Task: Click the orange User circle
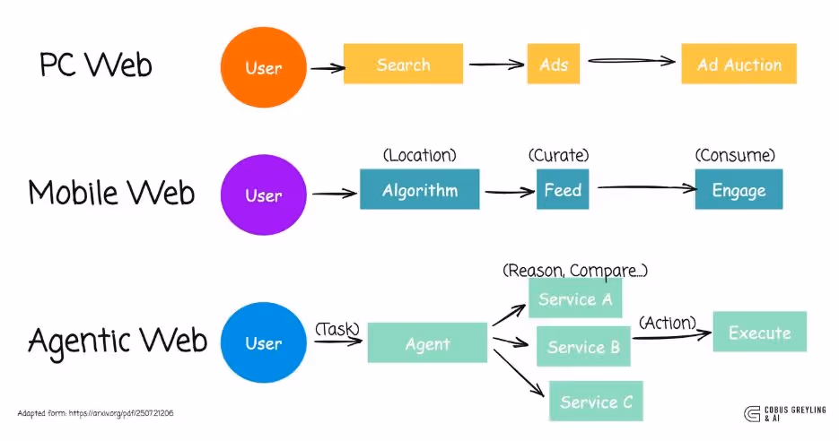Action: [x=262, y=67]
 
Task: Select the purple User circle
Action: [x=262, y=195]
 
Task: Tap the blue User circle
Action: [x=262, y=342]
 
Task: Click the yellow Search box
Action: [x=403, y=65]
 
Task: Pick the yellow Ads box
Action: [x=554, y=65]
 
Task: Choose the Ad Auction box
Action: [x=738, y=65]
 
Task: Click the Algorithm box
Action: [x=419, y=190]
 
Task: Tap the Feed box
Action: [x=563, y=190]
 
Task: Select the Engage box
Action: [x=738, y=190]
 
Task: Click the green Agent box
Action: [x=427, y=343]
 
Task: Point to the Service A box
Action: [x=575, y=299]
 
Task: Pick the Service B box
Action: [x=583, y=347]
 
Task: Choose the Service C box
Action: [x=596, y=402]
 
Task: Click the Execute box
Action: [x=759, y=333]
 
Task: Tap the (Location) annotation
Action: [x=419, y=155]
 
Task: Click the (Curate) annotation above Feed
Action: [x=559, y=155]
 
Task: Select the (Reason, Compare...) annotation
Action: [x=575, y=270]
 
